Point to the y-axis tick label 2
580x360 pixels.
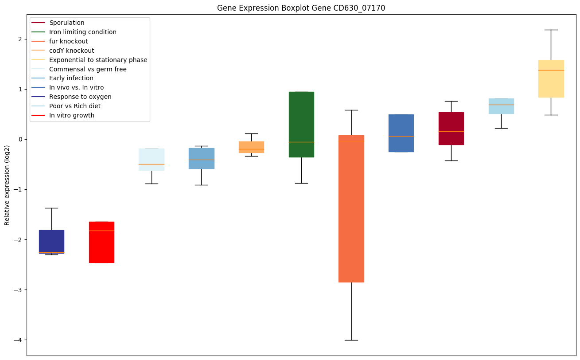(20, 39)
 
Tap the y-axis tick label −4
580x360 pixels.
(18, 340)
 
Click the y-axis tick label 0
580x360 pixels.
(20, 139)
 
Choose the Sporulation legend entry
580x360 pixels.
(67, 23)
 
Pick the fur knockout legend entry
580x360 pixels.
(69, 41)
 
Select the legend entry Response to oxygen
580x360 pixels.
(80, 97)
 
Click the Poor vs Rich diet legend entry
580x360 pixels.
(75, 106)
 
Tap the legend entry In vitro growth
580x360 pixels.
(72, 115)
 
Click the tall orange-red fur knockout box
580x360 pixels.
(351, 208)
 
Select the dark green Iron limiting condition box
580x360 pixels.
(301, 124)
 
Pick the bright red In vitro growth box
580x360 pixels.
(101, 242)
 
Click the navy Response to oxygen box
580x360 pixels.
(51, 242)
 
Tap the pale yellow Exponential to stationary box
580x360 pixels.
(551, 79)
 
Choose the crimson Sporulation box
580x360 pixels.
(451, 129)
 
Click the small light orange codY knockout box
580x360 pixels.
(251, 147)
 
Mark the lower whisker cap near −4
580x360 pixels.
(351, 340)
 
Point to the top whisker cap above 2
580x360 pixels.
(551, 30)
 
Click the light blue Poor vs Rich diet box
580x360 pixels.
(501, 106)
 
